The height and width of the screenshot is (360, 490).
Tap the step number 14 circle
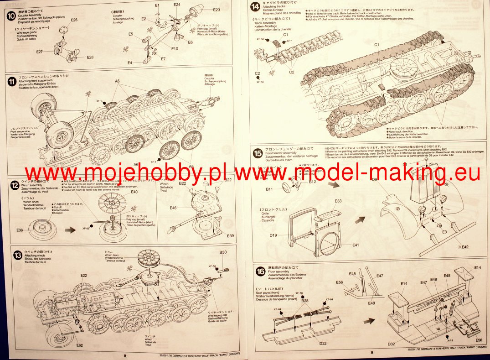[x=256, y=6]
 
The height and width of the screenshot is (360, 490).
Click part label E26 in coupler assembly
[x=74, y=20]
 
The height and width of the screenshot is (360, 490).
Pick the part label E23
[x=216, y=10]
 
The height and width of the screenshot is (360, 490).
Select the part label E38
[x=20, y=230]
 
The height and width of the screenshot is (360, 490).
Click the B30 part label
[x=223, y=252]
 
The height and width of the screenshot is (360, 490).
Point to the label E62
[x=79, y=345]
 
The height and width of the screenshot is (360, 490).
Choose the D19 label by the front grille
[x=273, y=235]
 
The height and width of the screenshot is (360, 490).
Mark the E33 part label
[x=338, y=201]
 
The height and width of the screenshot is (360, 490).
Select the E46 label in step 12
[x=173, y=208]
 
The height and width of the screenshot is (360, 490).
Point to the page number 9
[x=371, y=352]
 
